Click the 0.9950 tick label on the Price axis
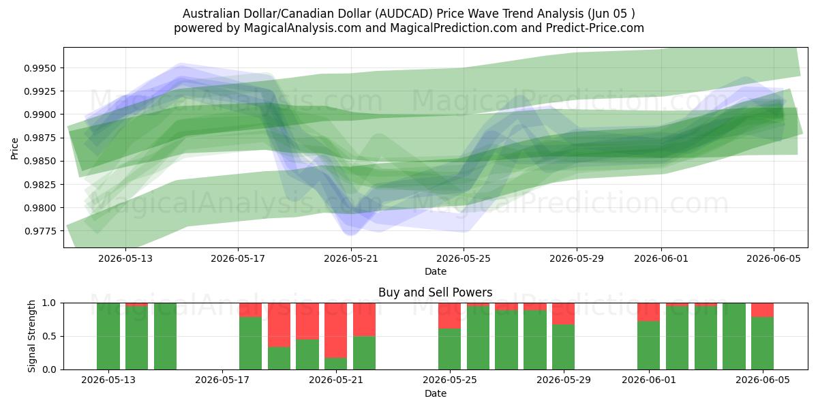coord(40,68)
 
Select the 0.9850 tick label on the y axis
coord(40,162)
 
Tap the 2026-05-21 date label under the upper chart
coord(351,258)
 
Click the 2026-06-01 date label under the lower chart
coord(649,380)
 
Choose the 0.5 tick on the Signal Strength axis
coord(49,336)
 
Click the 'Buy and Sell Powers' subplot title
coord(436,292)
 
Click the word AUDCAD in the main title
coord(404,14)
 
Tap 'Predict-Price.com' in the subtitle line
coord(595,28)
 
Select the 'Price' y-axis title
coord(14,149)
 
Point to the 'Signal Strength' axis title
coord(32,336)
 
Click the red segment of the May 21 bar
coord(335,331)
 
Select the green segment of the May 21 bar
coord(335,364)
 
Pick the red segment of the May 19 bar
coord(279,325)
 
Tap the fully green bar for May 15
coord(165,336)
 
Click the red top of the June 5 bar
coord(763,310)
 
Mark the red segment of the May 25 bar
coord(449,316)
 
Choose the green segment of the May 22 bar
coord(364,353)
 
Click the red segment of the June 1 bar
coord(648,312)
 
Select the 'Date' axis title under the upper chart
coord(436,271)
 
